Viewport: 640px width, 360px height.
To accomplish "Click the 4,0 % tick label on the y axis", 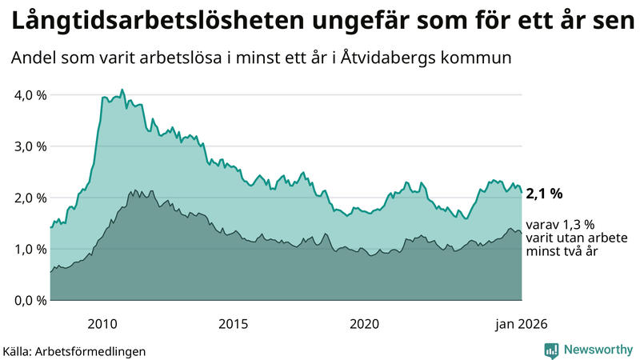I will click(30, 94).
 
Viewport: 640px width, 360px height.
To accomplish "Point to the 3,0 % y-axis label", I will click(30, 146).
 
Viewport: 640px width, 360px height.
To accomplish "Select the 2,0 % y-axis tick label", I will click(30, 198).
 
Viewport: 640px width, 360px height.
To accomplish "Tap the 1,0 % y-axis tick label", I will click(30, 249).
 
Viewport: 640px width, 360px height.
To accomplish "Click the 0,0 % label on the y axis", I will click(30, 300).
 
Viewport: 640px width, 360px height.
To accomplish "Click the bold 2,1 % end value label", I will click(545, 193).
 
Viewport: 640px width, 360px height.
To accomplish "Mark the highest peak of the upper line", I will click(122, 90).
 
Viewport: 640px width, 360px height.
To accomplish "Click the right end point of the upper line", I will click(522, 192).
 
